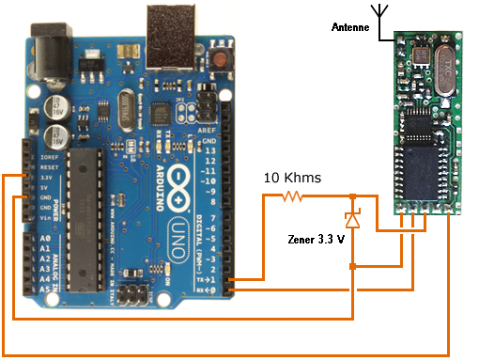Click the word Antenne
(351, 28)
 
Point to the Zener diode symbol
(352, 221)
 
